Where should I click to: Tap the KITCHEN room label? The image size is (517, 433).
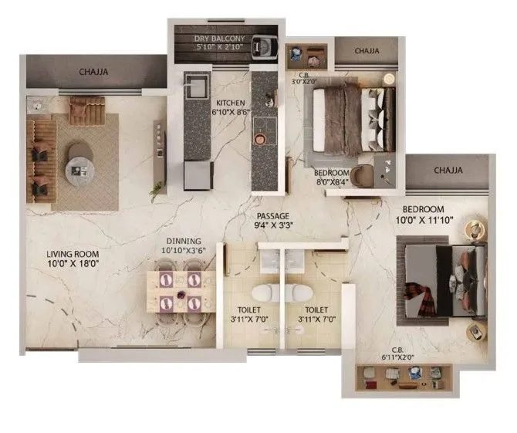click(x=231, y=103)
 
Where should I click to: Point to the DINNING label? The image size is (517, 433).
click(x=183, y=241)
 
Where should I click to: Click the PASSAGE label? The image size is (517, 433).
click(x=273, y=216)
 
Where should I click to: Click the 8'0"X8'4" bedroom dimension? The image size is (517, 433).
click(x=333, y=183)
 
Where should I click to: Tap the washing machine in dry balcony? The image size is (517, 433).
click(x=266, y=46)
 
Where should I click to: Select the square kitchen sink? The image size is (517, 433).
click(x=195, y=83)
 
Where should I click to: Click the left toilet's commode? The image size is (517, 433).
click(x=262, y=293)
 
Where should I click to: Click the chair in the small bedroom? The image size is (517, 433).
click(x=363, y=175)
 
